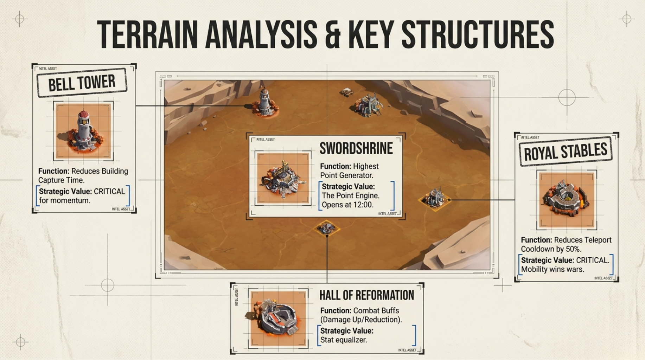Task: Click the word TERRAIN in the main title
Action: click(x=148, y=34)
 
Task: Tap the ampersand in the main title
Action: click(x=332, y=34)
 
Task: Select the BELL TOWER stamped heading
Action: click(x=82, y=83)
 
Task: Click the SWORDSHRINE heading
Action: click(x=356, y=148)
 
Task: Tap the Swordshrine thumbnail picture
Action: click(x=283, y=179)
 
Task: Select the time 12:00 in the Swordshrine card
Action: click(x=363, y=205)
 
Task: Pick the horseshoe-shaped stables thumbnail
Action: click(x=566, y=199)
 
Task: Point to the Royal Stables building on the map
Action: click(x=434, y=198)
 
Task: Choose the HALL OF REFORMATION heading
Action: click(x=366, y=295)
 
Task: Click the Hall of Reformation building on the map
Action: click(x=327, y=228)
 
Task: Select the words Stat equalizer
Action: click(x=343, y=340)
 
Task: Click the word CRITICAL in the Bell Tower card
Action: click(x=109, y=191)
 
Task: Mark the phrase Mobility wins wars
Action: click(x=552, y=269)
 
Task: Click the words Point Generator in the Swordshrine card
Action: click(x=346, y=175)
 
